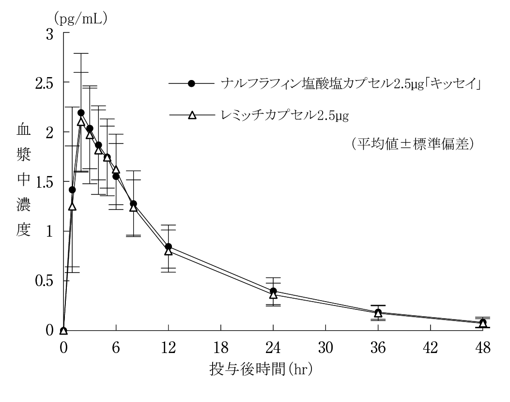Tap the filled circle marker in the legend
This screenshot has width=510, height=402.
pos(191,83)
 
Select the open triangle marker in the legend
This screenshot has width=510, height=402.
pos(191,115)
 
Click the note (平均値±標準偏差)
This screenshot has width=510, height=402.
pos(412,145)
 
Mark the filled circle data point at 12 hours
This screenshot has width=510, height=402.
pos(168,247)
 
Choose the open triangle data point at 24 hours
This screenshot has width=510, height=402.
pos(273,295)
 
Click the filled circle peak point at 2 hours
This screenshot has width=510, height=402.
pos(81,113)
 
